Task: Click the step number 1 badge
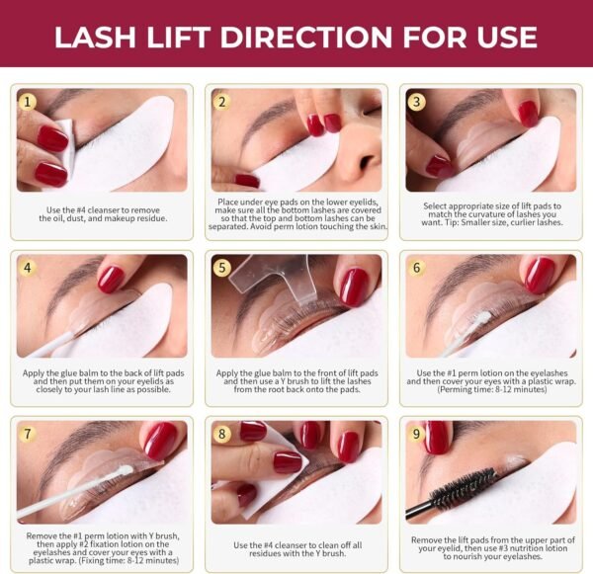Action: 28,101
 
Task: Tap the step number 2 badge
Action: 222,101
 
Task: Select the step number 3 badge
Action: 416,101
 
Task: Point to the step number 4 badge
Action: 28,267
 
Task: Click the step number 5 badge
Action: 222,267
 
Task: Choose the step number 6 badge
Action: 416,267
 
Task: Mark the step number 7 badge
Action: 28,433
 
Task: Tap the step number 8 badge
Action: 222,433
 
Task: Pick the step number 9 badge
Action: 416,433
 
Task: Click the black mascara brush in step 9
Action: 464,495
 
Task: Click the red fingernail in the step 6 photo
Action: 539,276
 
